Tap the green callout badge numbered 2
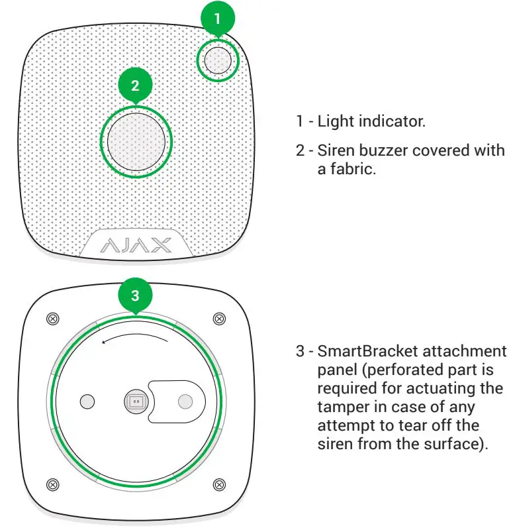coord(136,86)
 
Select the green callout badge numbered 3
coord(136,295)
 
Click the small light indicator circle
coord(218,60)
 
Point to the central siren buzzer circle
coord(136,142)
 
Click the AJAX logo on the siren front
coord(135,246)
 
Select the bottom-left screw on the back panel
coord(53,482)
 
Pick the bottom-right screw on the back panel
coord(218,482)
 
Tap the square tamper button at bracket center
coord(136,401)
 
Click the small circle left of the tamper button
coord(87,401)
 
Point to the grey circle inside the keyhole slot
coord(186,401)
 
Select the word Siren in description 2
coord(333,151)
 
